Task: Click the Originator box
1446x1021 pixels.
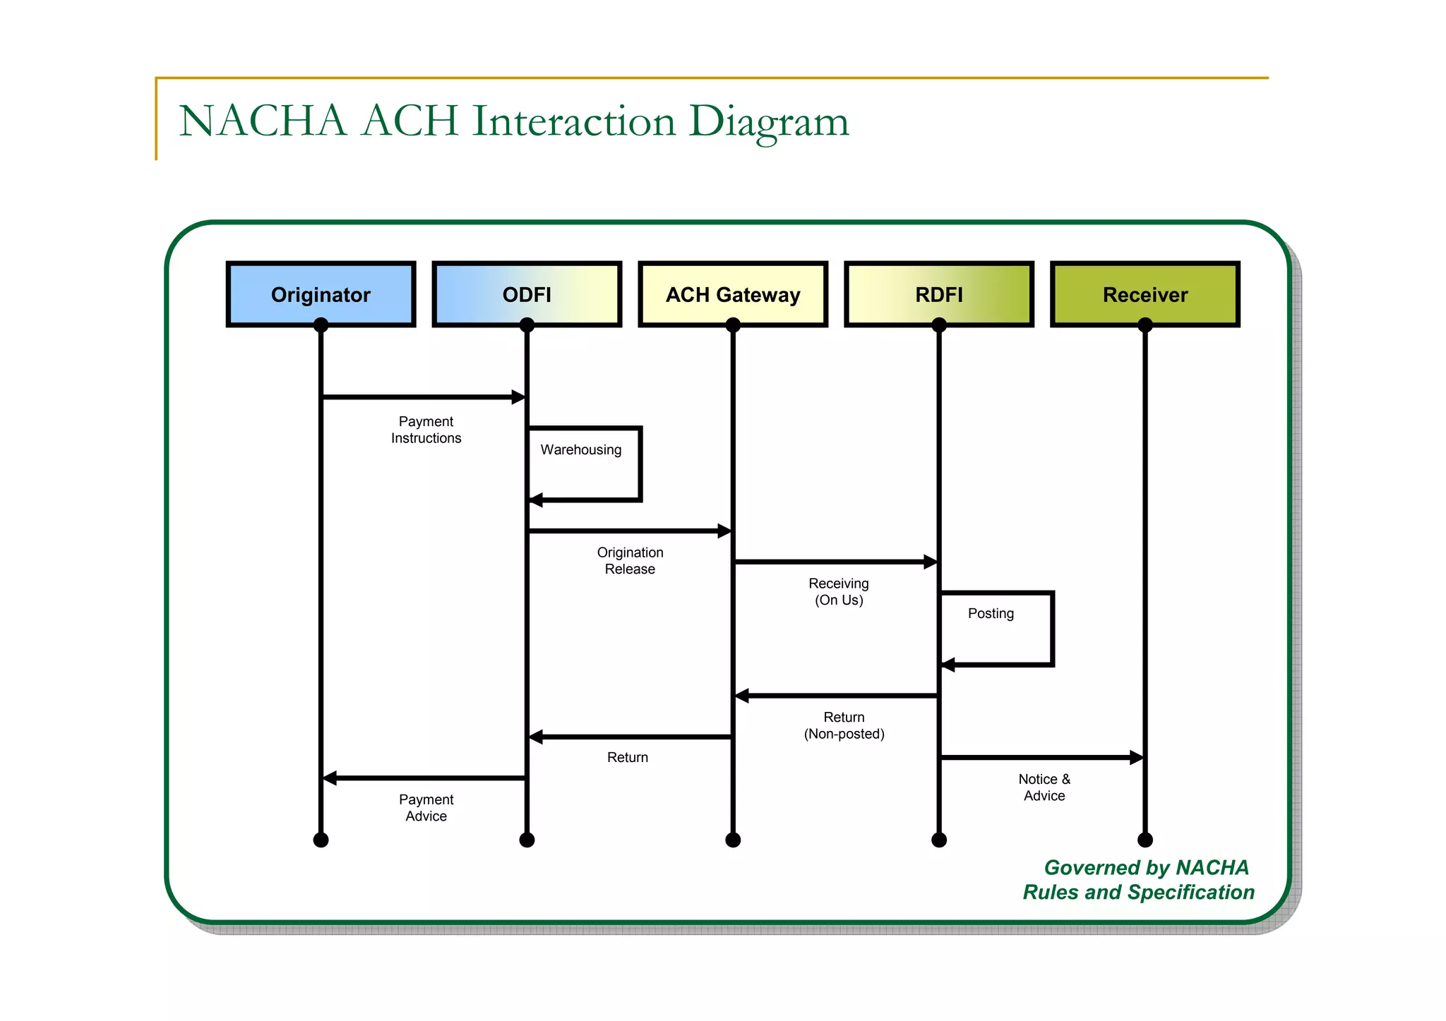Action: click(321, 294)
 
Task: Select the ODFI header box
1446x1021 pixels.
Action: click(527, 294)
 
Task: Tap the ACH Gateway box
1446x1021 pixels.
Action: click(733, 294)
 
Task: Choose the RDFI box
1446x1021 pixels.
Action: click(939, 294)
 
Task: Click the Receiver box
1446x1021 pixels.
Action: click(1145, 294)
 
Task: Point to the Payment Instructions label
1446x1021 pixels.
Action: click(426, 430)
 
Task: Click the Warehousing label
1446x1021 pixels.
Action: click(581, 449)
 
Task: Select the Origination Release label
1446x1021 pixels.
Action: click(630, 561)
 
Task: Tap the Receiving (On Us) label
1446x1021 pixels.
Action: click(839, 591)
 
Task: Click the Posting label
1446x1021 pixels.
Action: click(991, 613)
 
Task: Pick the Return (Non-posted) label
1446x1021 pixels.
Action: click(844, 725)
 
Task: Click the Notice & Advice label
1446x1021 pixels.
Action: click(1044, 787)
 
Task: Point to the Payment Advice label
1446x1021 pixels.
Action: click(426, 808)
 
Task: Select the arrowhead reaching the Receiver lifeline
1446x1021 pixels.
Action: click(1137, 758)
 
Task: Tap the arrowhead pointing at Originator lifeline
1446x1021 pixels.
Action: click(330, 778)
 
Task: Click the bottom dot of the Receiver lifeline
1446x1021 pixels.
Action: click(1145, 840)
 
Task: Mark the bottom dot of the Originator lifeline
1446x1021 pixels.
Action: click(321, 840)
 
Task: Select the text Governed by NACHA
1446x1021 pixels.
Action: click(1146, 867)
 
